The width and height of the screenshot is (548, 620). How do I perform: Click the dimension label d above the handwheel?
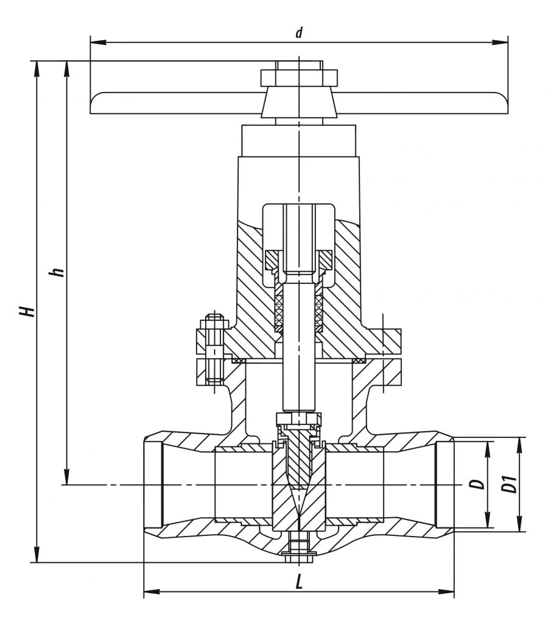point(298,33)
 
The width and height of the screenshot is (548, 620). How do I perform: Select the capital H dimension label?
point(26,311)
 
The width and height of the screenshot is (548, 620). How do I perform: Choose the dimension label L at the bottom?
point(298,582)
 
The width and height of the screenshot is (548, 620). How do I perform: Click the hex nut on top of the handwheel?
point(298,77)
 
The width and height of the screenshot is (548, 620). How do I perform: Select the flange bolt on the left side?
point(213,350)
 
